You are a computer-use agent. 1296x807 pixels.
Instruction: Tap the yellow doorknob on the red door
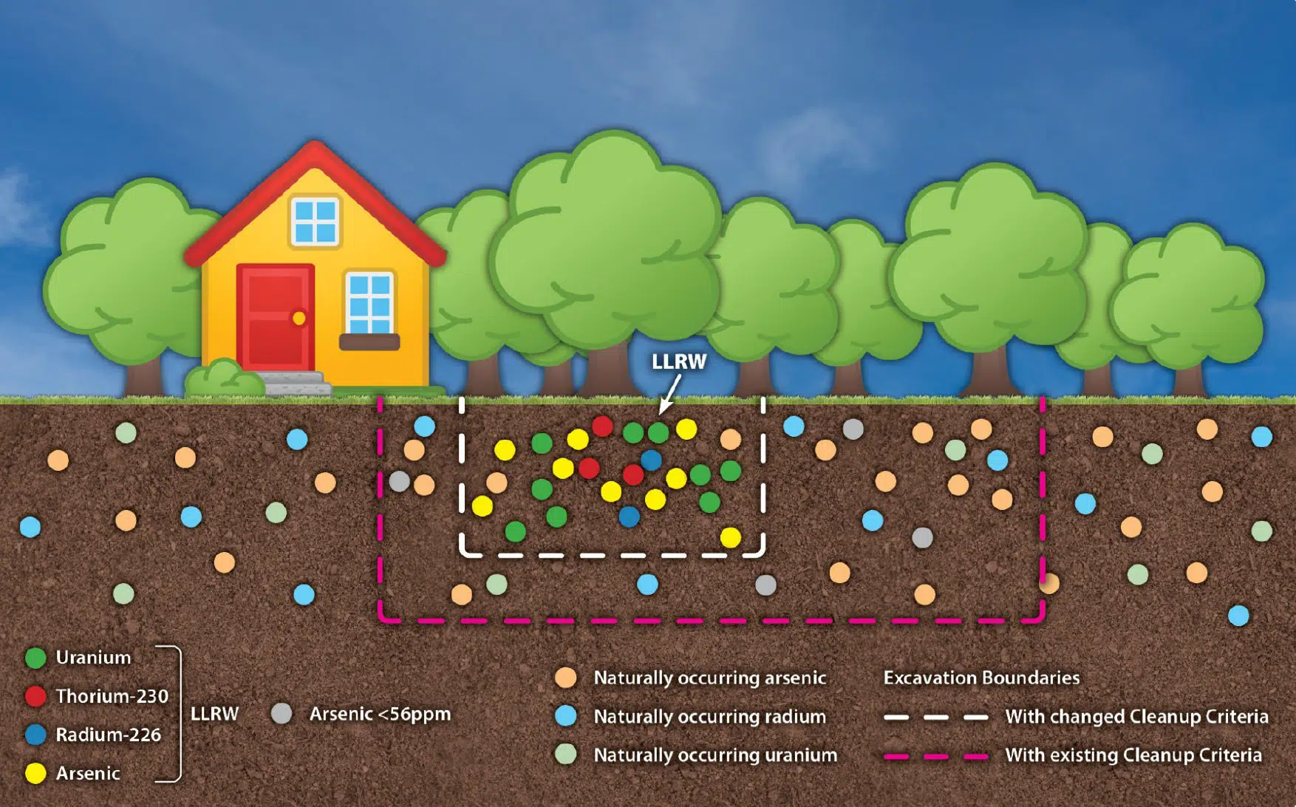click(x=299, y=318)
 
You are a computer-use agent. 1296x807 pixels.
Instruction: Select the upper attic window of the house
click(x=316, y=221)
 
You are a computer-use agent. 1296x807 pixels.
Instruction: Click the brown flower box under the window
click(x=369, y=341)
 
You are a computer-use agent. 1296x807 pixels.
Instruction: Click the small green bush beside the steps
click(x=223, y=378)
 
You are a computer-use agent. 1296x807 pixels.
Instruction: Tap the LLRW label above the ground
click(x=679, y=361)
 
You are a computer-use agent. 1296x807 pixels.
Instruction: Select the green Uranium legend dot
click(x=35, y=658)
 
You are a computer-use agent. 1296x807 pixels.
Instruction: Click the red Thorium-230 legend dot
click(x=35, y=696)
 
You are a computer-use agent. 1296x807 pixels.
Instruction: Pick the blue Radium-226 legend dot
click(x=35, y=735)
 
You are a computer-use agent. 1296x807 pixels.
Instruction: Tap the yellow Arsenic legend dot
click(x=35, y=773)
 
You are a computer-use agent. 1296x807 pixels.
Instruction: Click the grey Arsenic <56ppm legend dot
click(x=282, y=714)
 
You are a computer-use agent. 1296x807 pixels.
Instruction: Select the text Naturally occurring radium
click(x=709, y=716)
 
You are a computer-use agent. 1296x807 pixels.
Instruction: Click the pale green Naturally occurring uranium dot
click(x=566, y=755)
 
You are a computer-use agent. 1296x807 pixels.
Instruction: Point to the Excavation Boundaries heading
click(x=981, y=678)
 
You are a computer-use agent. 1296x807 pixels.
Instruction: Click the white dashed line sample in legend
click(x=935, y=717)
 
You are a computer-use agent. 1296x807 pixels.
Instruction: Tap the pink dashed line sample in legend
click(x=935, y=756)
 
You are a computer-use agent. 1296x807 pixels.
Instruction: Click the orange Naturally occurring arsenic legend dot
click(x=566, y=678)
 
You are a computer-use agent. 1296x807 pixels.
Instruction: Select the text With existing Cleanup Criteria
click(x=1133, y=755)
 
